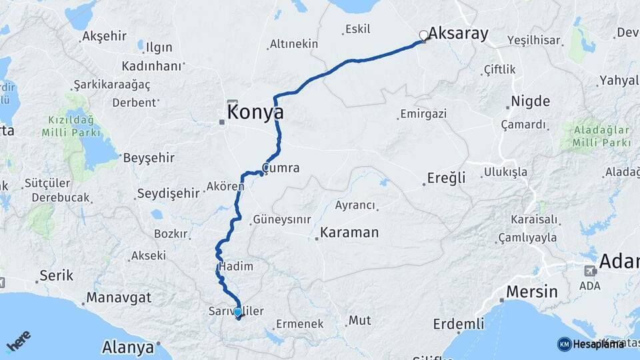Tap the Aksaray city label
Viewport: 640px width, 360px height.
(x=458, y=33)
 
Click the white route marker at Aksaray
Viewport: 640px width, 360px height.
(x=423, y=35)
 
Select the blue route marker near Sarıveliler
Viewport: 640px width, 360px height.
(x=237, y=312)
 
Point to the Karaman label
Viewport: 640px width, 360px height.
(x=349, y=233)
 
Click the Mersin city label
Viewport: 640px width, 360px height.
(x=531, y=291)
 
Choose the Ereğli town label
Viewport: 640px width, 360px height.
(x=445, y=179)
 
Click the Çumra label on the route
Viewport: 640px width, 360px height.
(x=281, y=168)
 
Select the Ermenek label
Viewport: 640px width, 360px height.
(x=300, y=323)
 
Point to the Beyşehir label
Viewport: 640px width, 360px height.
(x=148, y=158)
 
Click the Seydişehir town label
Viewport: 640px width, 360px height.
(x=168, y=194)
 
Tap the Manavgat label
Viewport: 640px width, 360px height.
(x=119, y=298)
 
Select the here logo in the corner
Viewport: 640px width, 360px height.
(x=19, y=341)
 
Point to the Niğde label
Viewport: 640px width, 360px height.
(x=530, y=102)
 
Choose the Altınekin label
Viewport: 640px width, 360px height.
(x=293, y=45)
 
